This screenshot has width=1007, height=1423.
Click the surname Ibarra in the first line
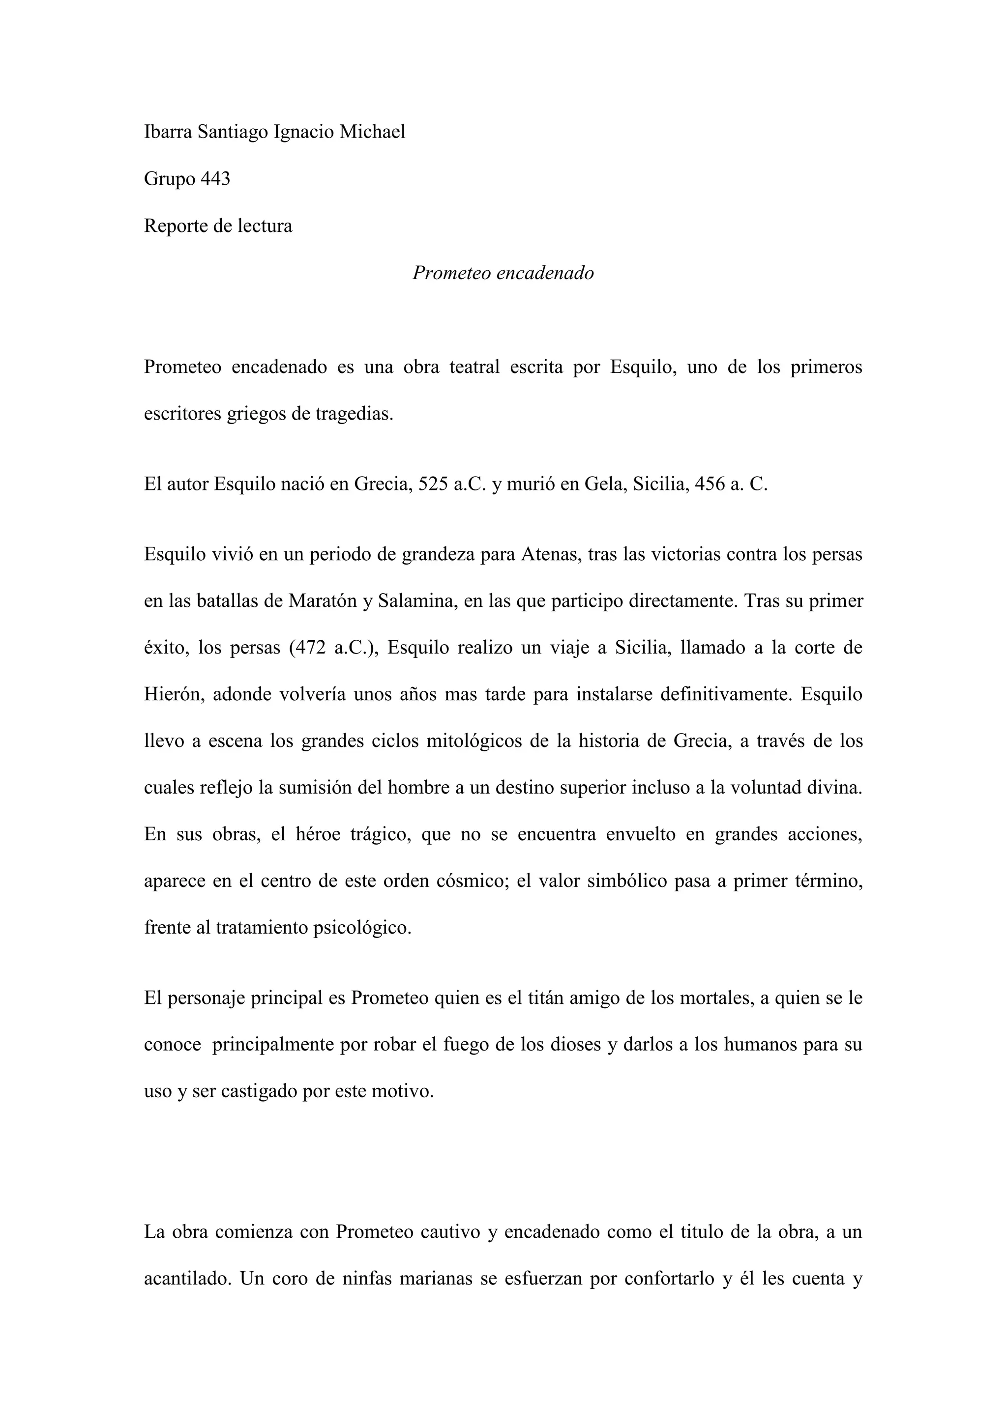coord(168,132)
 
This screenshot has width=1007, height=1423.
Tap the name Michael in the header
coord(372,132)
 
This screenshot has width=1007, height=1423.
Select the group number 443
coord(215,179)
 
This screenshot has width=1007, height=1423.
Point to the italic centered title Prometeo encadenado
coord(503,273)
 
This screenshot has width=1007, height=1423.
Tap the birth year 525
coord(433,484)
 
